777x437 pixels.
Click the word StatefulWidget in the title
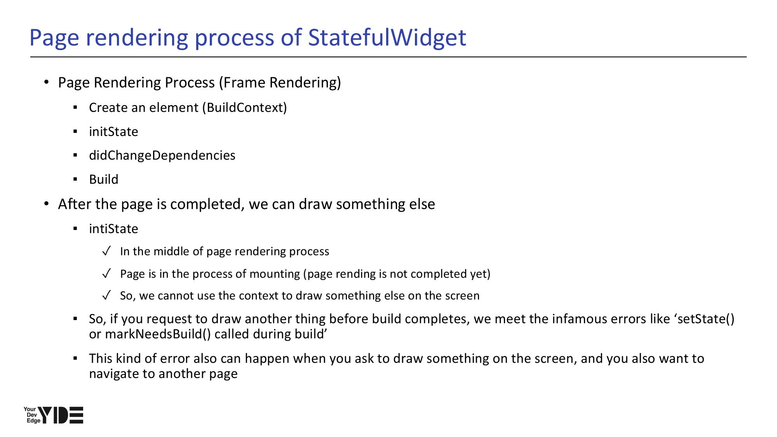pos(387,38)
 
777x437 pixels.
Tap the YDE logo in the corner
pos(53,415)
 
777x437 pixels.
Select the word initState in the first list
pos(113,132)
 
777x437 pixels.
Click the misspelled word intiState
pos(113,228)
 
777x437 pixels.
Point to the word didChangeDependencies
pos(162,155)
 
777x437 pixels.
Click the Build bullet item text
pos(104,179)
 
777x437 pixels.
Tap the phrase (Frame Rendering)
pos(280,83)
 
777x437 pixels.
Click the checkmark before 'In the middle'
pos(107,251)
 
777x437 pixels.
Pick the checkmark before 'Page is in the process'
pos(107,274)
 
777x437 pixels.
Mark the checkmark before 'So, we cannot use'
pos(107,296)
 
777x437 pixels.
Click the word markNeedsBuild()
pos(158,334)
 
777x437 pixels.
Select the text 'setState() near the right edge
pos(704,319)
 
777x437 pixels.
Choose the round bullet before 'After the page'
pos(47,204)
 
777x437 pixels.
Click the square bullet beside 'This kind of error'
pos(75,358)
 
